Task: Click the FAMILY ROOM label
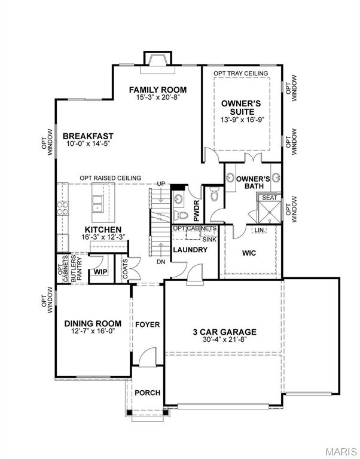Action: (x=157, y=90)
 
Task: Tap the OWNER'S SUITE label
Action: (x=237, y=108)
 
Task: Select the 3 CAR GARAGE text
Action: (x=224, y=332)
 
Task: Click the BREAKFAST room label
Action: (x=88, y=136)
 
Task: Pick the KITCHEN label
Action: (x=103, y=229)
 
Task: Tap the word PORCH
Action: (x=147, y=393)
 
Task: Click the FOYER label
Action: (x=147, y=325)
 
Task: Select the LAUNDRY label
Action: (x=190, y=249)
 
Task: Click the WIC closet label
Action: (x=249, y=253)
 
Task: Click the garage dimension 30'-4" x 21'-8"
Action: (x=224, y=341)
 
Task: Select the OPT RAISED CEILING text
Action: (x=111, y=178)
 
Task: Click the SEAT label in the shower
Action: (x=269, y=197)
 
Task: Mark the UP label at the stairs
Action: (x=160, y=183)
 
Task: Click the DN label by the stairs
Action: (x=160, y=262)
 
